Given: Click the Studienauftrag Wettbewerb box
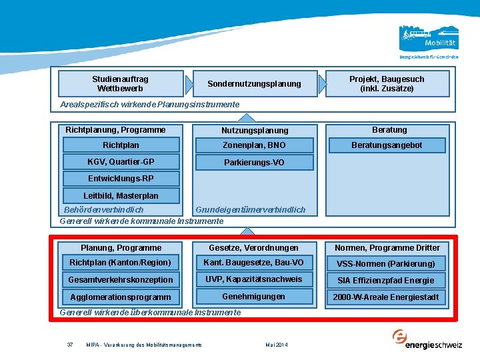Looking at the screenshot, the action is [x=121, y=83].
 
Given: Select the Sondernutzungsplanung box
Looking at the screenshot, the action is [x=255, y=83].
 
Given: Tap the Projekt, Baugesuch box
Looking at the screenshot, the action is [x=387, y=83].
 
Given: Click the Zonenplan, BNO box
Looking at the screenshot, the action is [x=255, y=145].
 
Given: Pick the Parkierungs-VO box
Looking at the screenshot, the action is [x=255, y=162].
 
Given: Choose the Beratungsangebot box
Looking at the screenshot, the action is [x=387, y=145].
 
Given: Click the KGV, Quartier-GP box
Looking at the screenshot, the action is [x=121, y=161].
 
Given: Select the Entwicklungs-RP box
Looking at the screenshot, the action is [x=121, y=179].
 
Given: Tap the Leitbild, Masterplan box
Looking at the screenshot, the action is [x=121, y=195].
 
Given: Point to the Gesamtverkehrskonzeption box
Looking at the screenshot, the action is [x=121, y=280].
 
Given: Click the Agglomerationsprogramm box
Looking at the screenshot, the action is [x=121, y=297].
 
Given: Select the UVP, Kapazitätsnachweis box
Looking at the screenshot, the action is [x=255, y=279].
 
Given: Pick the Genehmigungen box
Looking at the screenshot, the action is [x=255, y=296].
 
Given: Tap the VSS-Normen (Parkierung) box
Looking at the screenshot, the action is [x=386, y=263].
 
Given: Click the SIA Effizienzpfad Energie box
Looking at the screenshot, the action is [x=386, y=281].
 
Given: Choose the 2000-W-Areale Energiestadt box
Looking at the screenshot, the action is [x=386, y=297].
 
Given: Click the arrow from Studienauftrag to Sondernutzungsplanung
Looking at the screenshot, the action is [x=189, y=84].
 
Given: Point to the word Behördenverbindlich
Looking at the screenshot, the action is [x=103, y=210].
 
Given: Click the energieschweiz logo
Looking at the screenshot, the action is [x=427, y=339].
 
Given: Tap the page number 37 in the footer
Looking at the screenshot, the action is [x=70, y=345].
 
